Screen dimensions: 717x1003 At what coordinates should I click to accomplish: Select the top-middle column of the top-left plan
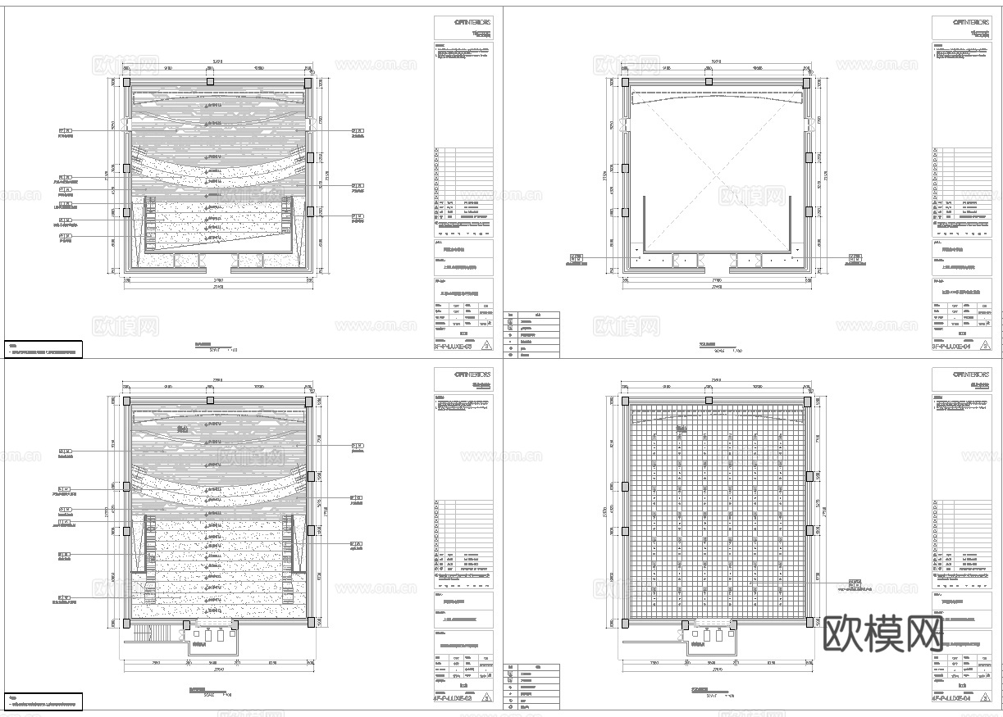point(210,82)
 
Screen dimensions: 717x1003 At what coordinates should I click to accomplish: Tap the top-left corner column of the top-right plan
point(625,82)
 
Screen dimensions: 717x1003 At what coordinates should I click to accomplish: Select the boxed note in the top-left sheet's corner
point(43,350)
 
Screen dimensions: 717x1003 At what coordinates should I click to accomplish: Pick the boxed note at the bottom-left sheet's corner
point(43,701)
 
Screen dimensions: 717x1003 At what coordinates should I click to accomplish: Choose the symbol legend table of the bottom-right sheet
point(531,686)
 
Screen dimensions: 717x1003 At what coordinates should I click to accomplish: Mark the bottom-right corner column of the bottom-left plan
point(312,622)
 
